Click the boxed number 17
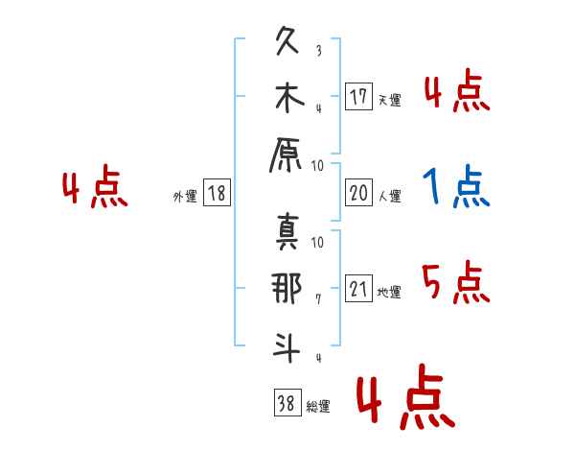click(358, 97)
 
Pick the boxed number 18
click(217, 194)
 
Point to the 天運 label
click(389, 100)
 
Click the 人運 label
click(389, 196)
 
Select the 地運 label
click(389, 292)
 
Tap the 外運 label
click(185, 196)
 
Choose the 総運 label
click(317, 407)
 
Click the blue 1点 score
click(456, 186)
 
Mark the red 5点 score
click(456, 281)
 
